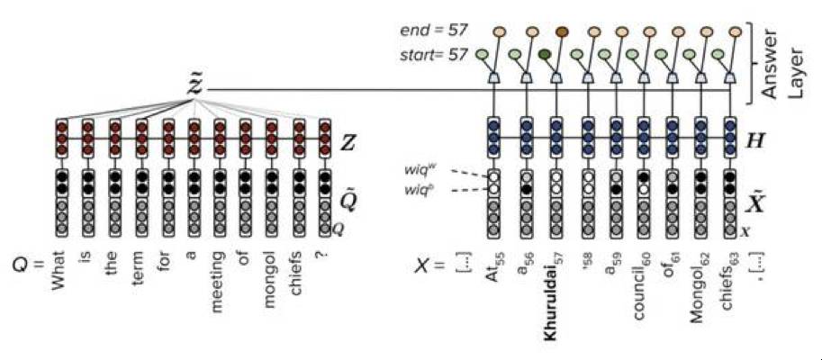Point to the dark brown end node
[x=562, y=32]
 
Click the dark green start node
[x=545, y=55]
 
